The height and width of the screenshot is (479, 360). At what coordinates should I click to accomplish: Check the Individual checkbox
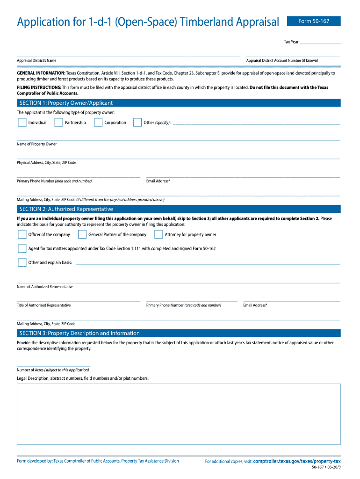click(22, 123)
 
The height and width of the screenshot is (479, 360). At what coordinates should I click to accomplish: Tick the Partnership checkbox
click(59, 123)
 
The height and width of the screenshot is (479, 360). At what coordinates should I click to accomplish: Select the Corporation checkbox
click(98, 123)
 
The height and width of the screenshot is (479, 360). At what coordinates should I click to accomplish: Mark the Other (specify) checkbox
click(137, 123)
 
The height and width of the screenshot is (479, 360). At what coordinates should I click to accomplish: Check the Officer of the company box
click(22, 234)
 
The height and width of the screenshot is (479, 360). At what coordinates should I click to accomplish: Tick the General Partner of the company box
click(82, 234)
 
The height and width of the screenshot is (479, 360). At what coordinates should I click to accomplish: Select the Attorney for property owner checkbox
click(158, 234)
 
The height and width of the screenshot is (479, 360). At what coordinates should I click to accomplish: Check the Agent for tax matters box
click(22, 248)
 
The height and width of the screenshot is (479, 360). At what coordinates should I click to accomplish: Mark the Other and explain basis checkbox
click(22, 262)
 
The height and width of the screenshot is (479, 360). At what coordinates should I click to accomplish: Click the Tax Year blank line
click(320, 42)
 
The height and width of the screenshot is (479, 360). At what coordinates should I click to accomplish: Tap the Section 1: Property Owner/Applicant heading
click(66, 103)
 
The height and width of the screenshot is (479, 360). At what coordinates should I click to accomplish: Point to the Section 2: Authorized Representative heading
click(66, 209)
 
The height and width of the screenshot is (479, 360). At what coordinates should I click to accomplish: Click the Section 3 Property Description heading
click(79, 333)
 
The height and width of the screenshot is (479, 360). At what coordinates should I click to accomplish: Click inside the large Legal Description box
click(179, 414)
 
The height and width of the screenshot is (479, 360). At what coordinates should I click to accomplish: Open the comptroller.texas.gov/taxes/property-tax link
click(297, 461)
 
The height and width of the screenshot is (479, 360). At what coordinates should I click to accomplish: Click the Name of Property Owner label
click(37, 144)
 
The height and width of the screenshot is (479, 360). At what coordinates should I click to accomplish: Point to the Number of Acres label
click(53, 370)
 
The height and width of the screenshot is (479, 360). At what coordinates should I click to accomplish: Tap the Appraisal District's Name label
click(36, 60)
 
